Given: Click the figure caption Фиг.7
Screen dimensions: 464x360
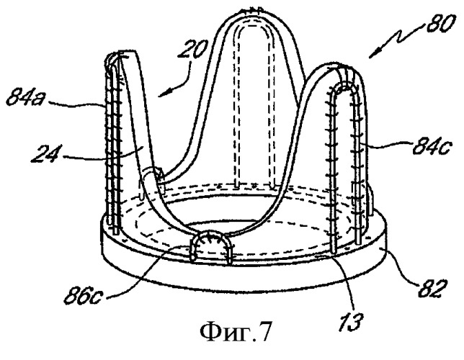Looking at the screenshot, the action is click(236, 332).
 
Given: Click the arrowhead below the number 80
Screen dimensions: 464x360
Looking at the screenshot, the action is click(372, 55).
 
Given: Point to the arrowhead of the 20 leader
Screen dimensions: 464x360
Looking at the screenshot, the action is click(163, 93).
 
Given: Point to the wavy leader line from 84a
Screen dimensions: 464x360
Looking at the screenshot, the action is click(76, 104).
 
